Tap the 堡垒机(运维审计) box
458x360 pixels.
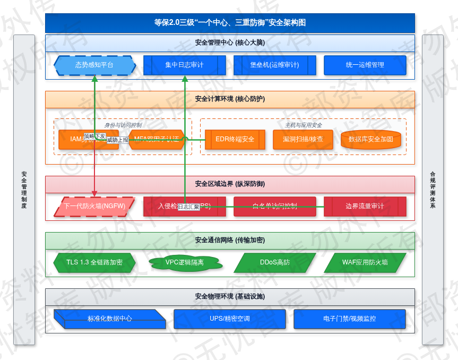click(274, 65)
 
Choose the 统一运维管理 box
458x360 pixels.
click(365, 65)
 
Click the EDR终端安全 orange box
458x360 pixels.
click(235, 139)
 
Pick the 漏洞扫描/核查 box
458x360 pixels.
click(303, 139)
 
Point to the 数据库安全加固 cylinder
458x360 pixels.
click(370, 139)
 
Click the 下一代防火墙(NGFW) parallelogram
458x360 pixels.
click(94, 207)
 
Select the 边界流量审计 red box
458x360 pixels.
click(365, 207)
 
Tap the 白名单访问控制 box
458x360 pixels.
click(274, 207)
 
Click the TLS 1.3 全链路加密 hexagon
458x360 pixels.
click(94, 262)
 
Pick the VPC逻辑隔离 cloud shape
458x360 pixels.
click(184, 262)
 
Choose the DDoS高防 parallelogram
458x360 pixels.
click(274, 262)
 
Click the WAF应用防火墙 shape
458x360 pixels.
click(365, 262)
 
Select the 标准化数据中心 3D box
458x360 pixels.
click(110, 319)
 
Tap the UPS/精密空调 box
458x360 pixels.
click(230, 319)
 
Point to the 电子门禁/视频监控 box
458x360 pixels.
click(349, 319)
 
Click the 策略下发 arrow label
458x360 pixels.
click(94, 136)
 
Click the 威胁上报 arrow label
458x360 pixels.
click(117, 140)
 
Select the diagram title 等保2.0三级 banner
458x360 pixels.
click(230, 23)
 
